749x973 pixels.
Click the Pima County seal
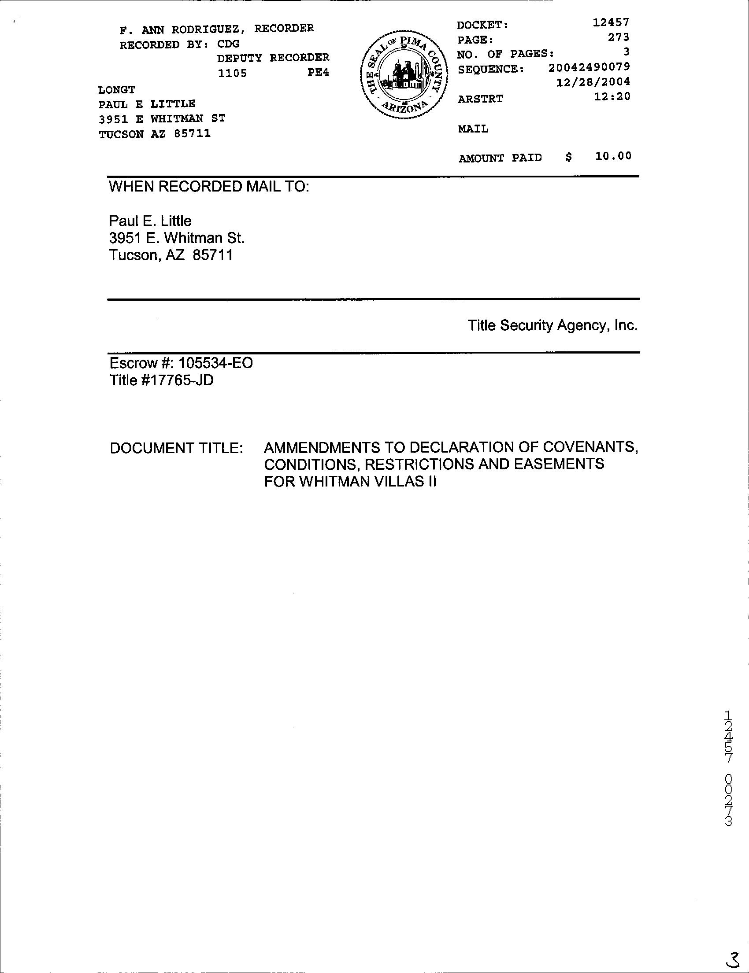[403, 75]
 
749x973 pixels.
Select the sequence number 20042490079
[589, 67]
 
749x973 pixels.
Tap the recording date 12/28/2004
[593, 82]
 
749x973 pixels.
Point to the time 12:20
[612, 96]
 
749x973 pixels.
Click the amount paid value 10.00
[613, 156]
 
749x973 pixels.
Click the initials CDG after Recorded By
[228, 44]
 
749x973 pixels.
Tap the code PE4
[318, 72]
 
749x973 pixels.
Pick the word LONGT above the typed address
[116, 90]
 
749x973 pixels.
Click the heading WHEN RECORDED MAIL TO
[209, 187]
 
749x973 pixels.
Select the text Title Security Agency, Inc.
[552, 326]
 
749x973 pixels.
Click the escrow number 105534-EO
[215, 363]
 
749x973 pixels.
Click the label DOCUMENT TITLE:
[177, 448]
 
